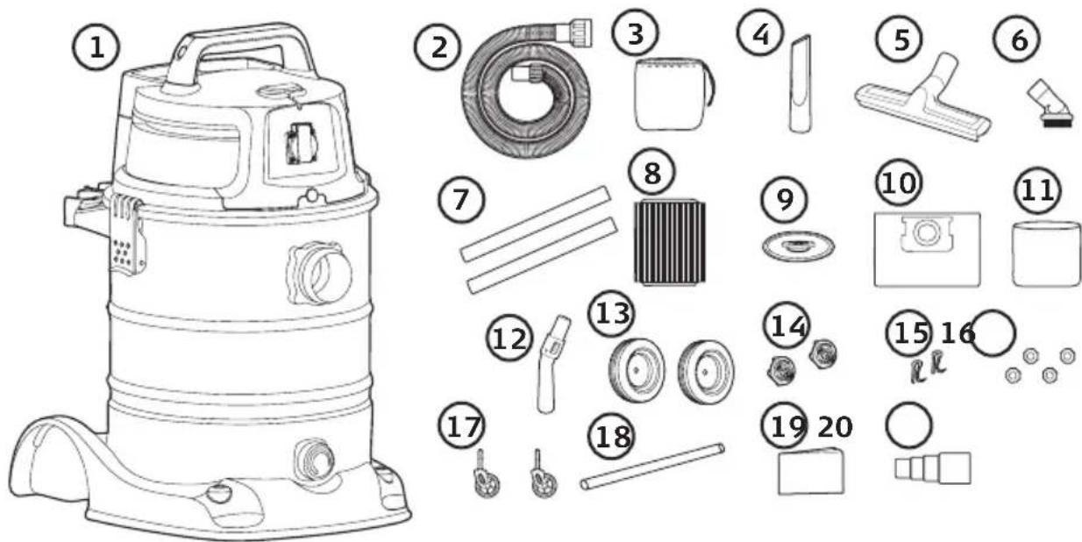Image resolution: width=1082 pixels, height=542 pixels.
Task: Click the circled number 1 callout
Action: click(x=96, y=48)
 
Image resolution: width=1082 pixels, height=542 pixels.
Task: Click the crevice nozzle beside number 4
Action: click(x=801, y=83)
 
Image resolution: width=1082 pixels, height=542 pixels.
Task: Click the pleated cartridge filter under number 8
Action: click(x=670, y=241)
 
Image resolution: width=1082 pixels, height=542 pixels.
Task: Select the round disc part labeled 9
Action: click(x=799, y=246)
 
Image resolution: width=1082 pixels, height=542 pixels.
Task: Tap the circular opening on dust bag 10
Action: click(x=926, y=232)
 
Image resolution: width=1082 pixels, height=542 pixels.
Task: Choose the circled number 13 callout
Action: click(x=612, y=313)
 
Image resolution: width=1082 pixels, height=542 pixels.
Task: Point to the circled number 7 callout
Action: click(x=461, y=199)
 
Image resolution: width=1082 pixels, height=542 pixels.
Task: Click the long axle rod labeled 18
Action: click(x=652, y=467)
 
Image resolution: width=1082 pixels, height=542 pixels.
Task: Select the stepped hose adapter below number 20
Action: click(x=932, y=467)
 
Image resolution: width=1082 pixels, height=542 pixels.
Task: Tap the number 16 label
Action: click(x=957, y=333)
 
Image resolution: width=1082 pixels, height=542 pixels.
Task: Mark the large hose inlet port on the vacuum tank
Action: click(x=320, y=273)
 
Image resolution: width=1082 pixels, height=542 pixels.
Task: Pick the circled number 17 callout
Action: click(x=461, y=426)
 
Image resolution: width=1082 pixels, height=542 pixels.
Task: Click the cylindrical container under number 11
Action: click(x=1046, y=253)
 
